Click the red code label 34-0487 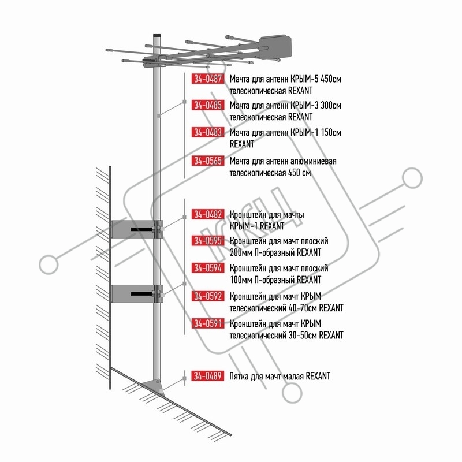point(208,79)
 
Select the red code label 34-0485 point(208,105)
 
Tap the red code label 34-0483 point(208,132)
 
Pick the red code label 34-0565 point(208,161)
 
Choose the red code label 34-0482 point(208,214)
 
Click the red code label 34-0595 point(208,241)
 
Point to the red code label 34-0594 point(208,268)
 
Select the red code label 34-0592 point(208,296)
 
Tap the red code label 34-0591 point(208,323)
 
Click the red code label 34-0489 point(208,376)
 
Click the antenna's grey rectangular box point(275,47)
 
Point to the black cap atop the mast point(157,35)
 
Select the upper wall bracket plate point(132,229)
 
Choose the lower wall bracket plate point(132,293)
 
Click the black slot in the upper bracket point(141,229)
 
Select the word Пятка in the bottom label point(239,377)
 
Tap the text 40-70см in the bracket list point(303,308)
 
